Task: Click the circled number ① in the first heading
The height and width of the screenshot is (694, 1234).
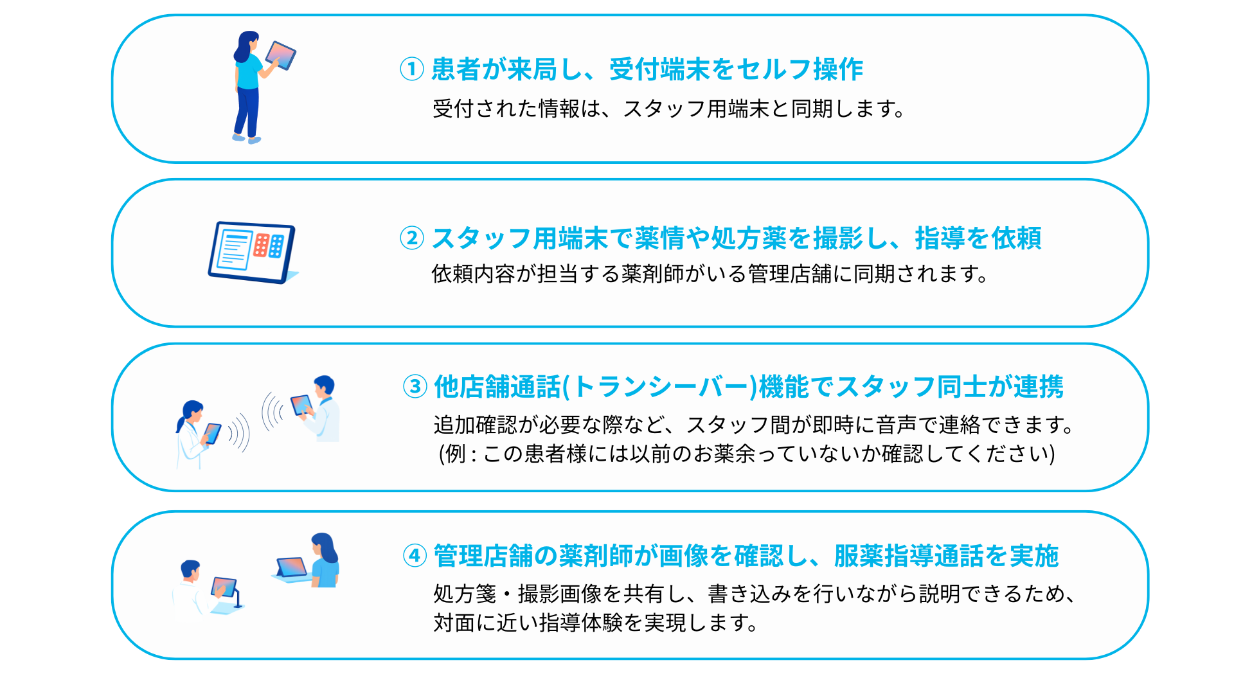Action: coord(412,69)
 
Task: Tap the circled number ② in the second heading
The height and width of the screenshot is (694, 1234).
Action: coord(412,238)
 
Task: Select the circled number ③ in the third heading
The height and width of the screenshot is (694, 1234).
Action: coord(415,386)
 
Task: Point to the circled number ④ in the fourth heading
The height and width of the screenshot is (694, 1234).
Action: coord(415,555)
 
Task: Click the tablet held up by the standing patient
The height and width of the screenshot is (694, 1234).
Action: coord(280,55)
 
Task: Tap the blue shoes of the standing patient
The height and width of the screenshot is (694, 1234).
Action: coord(247,138)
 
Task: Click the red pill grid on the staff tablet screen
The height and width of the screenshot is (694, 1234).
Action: coord(262,245)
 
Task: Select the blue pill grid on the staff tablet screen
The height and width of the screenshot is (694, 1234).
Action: coord(276,246)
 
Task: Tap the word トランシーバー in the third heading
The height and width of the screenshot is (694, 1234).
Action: coord(661,387)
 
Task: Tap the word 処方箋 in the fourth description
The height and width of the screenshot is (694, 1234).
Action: coord(465,594)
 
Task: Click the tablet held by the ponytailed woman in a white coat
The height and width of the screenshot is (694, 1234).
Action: coord(212,433)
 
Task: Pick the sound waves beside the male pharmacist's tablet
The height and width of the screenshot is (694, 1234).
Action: coord(273,411)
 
